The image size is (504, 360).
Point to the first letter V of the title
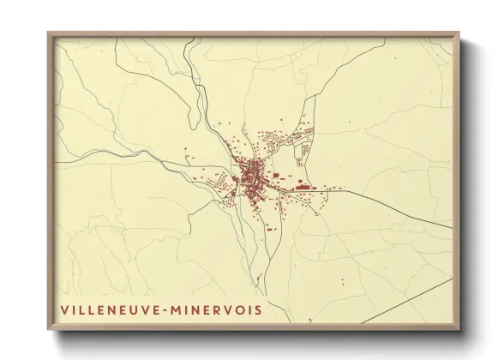point(64,307)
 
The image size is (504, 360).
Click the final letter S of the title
point(260,307)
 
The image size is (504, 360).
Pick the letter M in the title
point(183,307)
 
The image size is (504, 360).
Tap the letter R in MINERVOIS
point(220,307)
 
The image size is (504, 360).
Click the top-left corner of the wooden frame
point(48,33)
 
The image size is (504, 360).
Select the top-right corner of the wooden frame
point(460,33)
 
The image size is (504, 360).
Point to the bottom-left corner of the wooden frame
point(48,331)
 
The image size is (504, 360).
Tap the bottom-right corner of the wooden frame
point(460,331)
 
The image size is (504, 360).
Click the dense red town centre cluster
point(254,176)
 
